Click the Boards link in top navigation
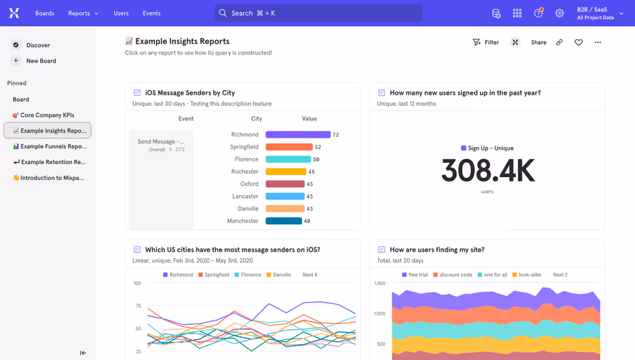pos(44,13)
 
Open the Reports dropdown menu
pos(83,13)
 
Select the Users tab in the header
pos(121,13)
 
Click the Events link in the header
pos(151,13)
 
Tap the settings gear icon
pos(560,13)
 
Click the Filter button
pos(486,42)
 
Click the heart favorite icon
pos(578,42)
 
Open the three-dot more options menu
pos(598,42)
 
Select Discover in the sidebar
pos(37,45)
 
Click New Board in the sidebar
pos(41,61)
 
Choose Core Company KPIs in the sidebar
pos(47,115)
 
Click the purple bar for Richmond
pos(298,135)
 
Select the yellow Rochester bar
pos(286,172)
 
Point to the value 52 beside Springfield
pos(318,147)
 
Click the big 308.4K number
pos(487,171)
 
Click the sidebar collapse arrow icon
pos(83,353)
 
